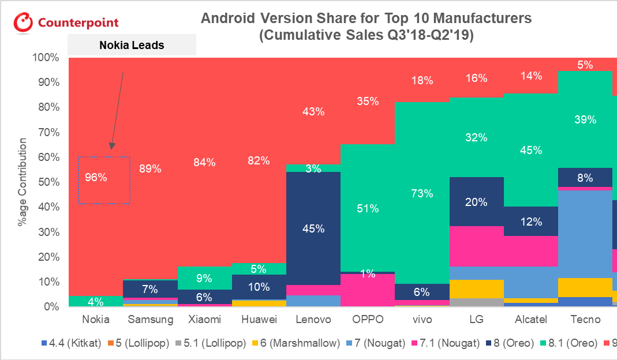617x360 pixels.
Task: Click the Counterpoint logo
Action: point(66,23)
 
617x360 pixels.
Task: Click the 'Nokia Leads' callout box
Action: point(132,45)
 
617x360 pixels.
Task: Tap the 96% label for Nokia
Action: point(96,178)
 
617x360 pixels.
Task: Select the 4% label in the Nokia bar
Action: point(96,301)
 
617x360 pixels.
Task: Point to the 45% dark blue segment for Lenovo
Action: point(313,228)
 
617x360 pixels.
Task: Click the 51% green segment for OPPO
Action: point(368,208)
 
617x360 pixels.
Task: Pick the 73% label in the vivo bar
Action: point(422,193)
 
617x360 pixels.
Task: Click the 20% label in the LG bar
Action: point(477,202)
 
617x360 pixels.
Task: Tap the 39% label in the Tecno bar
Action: point(585,120)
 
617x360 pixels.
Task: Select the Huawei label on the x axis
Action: point(259,320)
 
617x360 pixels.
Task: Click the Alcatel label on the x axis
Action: point(531,320)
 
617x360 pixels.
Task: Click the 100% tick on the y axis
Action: point(46,58)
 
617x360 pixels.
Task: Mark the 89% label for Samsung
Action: point(150,169)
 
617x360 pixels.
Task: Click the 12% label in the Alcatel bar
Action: point(531,222)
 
